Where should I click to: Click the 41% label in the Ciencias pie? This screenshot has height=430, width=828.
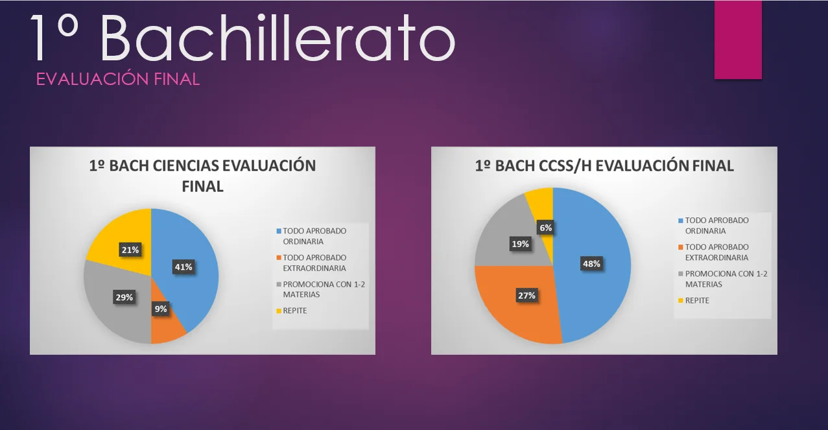point(183,267)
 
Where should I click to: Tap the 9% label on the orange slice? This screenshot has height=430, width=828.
point(161,309)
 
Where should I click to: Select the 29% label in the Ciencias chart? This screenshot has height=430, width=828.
point(124,297)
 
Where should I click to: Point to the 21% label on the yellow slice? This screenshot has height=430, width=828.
point(130,250)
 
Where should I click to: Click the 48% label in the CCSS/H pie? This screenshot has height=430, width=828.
point(591,263)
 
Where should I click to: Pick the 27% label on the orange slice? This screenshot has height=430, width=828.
point(526,295)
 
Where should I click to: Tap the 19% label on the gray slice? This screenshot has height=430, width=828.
point(521,244)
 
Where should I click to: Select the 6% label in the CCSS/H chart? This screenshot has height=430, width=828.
point(545,228)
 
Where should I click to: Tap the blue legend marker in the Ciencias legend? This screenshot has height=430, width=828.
point(279,231)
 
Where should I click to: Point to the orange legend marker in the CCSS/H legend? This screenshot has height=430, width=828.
point(681,247)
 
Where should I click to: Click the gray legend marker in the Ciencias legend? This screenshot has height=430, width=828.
point(279,284)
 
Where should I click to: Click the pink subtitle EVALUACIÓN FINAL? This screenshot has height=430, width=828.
point(118,79)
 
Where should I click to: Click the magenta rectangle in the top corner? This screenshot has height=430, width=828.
point(738,40)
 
